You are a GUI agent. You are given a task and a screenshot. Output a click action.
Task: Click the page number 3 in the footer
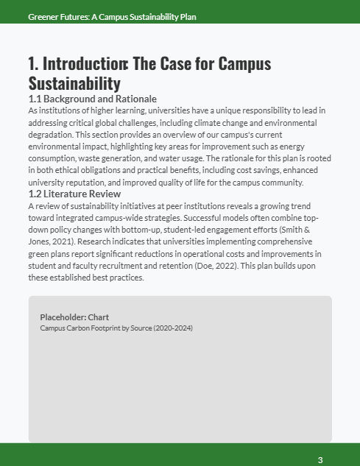(x=320, y=460)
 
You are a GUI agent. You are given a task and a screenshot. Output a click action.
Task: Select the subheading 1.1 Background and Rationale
(x=92, y=99)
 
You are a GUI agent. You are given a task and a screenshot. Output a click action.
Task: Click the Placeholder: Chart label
(x=74, y=317)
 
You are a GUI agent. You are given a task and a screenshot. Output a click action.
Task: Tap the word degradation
(x=54, y=135)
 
